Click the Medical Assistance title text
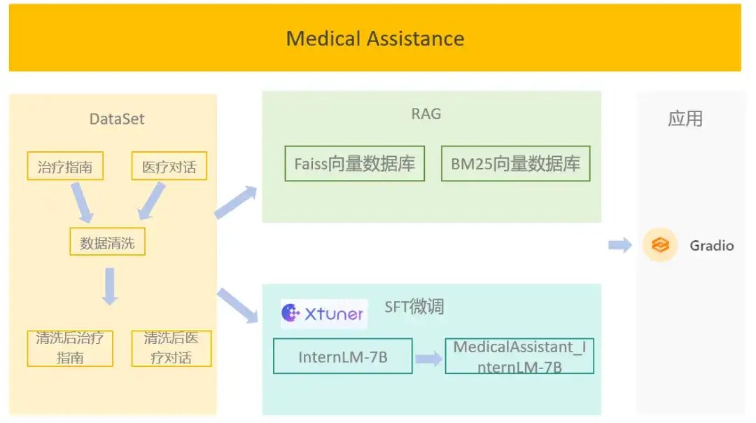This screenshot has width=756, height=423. (x=374, y=38)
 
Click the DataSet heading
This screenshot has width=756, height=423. (x=117, y=119)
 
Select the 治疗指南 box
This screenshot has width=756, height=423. (x=65, y=167)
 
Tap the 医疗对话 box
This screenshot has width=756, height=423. (x=169, y=167)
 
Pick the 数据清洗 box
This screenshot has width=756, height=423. (x=107, y=242)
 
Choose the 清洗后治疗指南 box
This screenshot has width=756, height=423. (x=70, y=348)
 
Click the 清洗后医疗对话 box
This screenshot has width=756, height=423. (x=171, y=348)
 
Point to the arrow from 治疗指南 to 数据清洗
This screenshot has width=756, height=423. (x=82, y=203)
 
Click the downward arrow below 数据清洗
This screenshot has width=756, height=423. (x=109, y=286)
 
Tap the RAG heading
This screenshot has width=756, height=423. (x=426, y=113)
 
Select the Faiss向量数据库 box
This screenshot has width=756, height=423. (x=355, y=164)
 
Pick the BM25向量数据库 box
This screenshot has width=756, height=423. (x=515, y=164)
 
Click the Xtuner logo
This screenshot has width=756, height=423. (x=323, y=313)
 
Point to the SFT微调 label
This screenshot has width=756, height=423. (x=414, y=307)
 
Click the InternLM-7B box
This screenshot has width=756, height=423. (x=343, y=356)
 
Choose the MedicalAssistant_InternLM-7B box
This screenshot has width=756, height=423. (x=519, y=356)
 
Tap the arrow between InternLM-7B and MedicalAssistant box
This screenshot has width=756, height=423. (x=428, y=359)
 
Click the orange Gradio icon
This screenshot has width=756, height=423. (x=660, y=245)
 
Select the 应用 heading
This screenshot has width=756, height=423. (x=685, y=119)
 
